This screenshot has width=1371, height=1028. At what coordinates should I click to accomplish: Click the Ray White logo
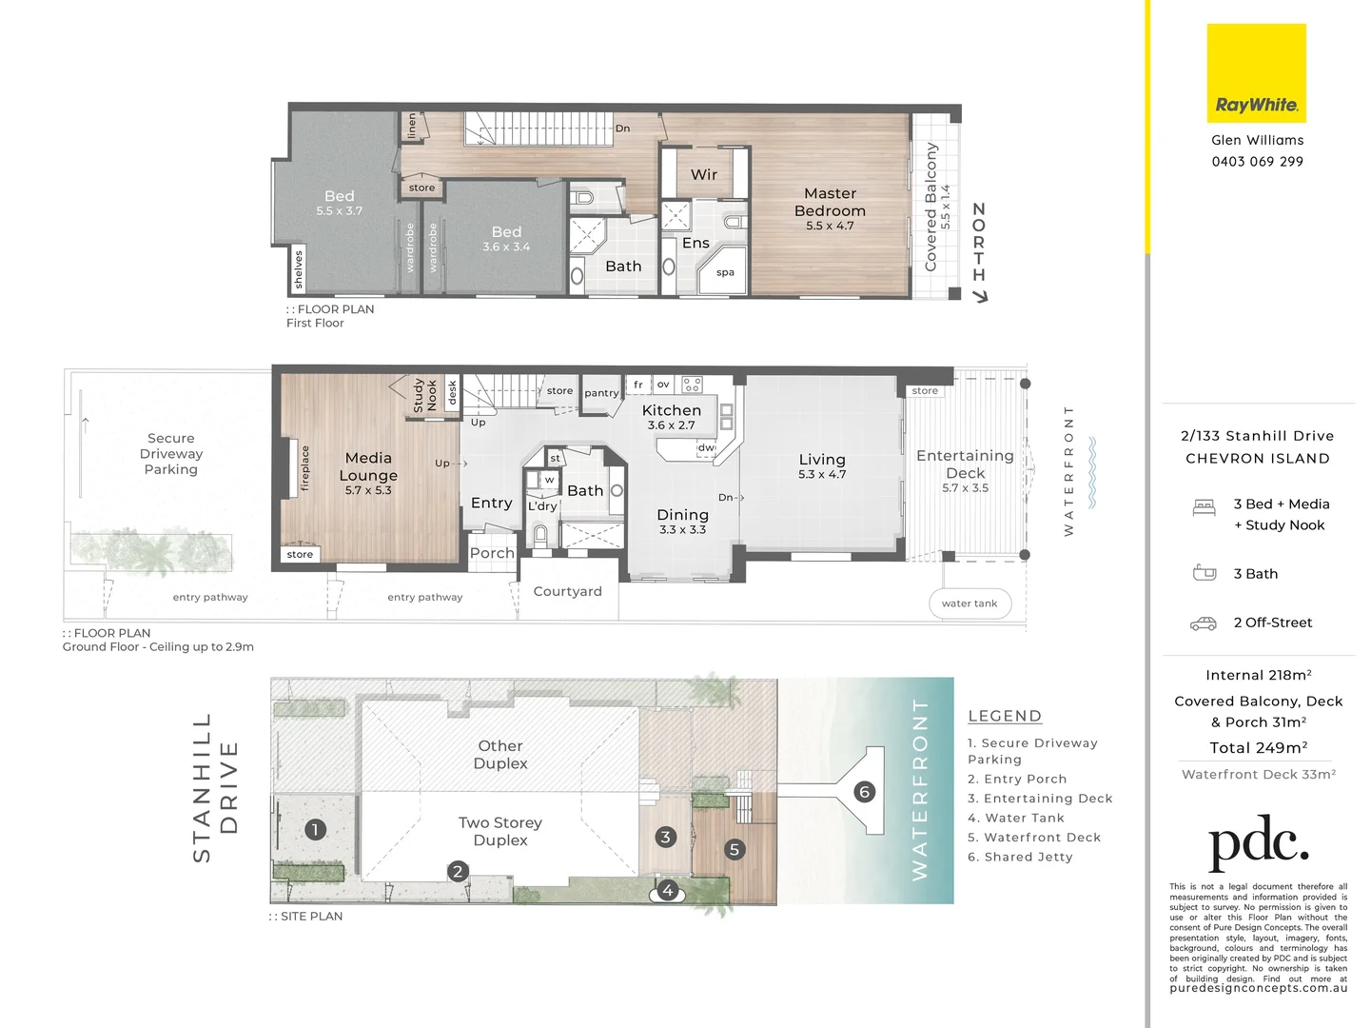pos(1256,74)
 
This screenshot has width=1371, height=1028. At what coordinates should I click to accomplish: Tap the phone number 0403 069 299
pos(1257,162)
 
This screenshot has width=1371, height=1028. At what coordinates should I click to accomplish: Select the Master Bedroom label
pos(830,203)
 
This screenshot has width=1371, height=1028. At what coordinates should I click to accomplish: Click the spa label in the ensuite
pos(725,272)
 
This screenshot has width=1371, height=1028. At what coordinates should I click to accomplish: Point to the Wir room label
pos(704,174)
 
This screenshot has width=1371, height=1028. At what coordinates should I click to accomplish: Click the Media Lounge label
pos(368,466)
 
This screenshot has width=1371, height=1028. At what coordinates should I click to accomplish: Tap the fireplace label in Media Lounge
pos(305,467)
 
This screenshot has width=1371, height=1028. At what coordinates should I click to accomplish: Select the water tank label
pos(969,603)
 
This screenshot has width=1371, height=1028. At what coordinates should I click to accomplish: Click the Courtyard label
pos(567,591)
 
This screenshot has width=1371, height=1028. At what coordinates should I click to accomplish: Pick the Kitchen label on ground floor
pos(671,410)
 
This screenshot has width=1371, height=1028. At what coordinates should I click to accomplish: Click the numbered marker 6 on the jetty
pos(864,791)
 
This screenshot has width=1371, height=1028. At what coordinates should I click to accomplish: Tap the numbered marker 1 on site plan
pos(315,829)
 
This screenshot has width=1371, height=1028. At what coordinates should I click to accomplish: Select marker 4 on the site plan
pos(668,891)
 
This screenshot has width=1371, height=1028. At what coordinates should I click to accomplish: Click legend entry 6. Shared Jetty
pos(1020,857)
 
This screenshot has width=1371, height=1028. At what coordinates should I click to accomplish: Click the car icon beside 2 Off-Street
pos(1204,623)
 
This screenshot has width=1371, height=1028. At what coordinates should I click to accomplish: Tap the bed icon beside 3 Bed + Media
pos(1204,507)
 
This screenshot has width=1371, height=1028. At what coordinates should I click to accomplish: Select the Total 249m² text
pos(1258,747)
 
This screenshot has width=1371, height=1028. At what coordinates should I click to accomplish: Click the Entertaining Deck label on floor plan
pos(965,465)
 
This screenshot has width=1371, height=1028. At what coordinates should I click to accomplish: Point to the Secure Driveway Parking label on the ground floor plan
pos(171,454)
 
